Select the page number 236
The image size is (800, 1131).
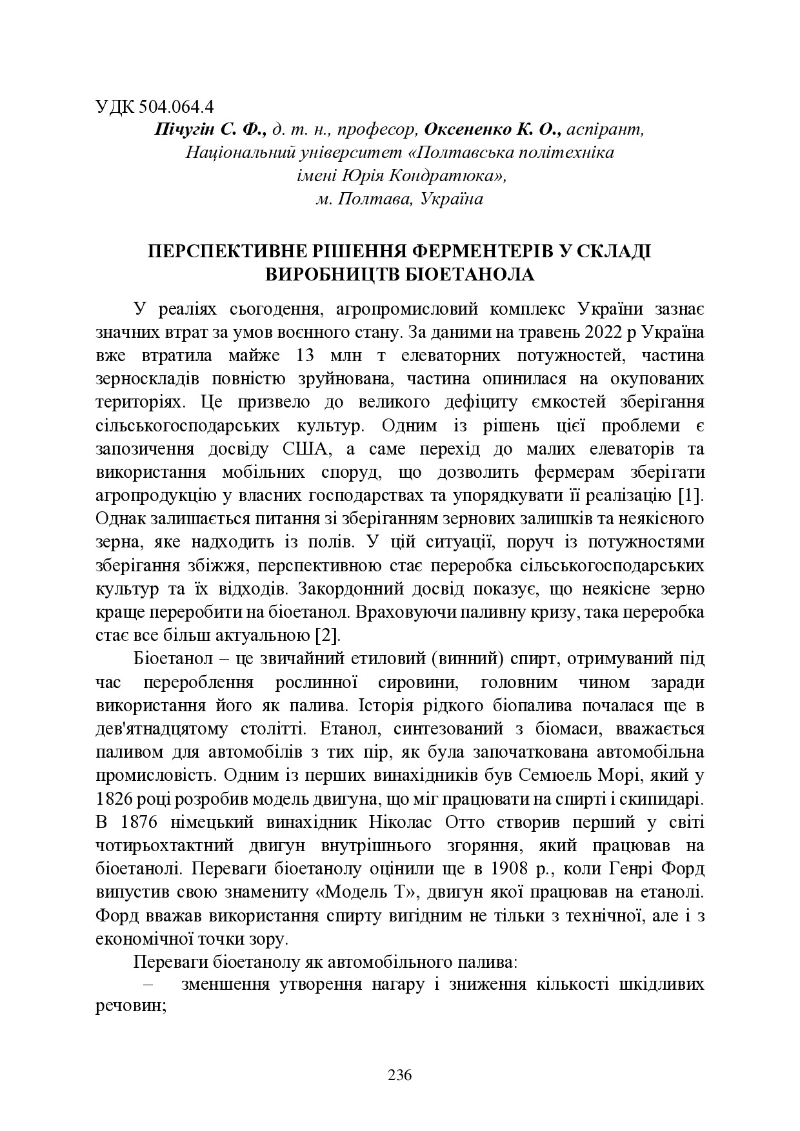(399, 1075)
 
